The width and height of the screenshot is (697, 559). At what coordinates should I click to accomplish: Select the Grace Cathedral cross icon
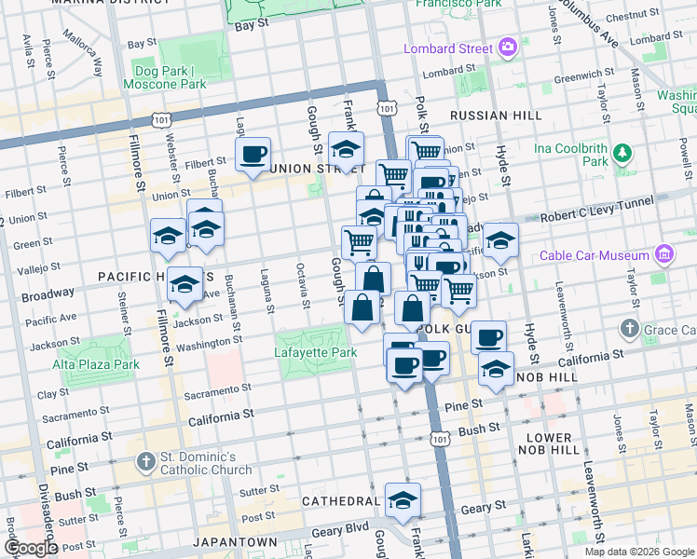(630, 329)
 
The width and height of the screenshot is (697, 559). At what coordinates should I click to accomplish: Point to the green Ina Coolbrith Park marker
(622, 153)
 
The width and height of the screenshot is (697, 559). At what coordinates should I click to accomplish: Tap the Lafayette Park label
(316, 353)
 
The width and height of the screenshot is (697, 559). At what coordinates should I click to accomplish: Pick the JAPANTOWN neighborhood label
(235, 541)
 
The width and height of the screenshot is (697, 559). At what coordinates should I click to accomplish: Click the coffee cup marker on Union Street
(253, 154)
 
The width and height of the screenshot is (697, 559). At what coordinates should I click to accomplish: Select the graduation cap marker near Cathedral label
(403, 500)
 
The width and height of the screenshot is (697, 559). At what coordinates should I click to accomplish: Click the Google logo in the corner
(32, 548)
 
